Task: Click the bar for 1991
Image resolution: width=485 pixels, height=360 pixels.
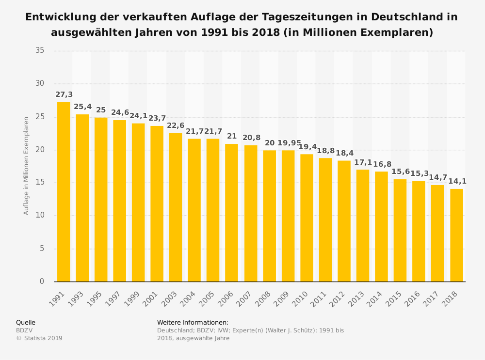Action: (x=64, y=192)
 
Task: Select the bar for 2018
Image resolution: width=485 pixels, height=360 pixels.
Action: (x=456, y=235)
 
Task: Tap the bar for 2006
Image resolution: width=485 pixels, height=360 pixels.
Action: (x=231, y=213)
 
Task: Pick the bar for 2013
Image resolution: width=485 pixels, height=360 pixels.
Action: (x=363, y=225)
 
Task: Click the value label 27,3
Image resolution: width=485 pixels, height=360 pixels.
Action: (x=64, y=95)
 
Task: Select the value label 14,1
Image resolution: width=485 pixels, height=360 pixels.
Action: (x=456, y=182)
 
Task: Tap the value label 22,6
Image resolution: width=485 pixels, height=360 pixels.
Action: (x=176, y=125)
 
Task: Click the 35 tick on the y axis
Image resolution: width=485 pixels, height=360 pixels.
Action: (x=40, y=50)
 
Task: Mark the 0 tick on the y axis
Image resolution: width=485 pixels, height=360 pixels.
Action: (x=42, y=282)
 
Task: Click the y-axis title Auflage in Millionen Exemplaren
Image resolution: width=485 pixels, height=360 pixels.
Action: (x=27, y=166)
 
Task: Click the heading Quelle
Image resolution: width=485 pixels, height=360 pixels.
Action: (x=26, y=322)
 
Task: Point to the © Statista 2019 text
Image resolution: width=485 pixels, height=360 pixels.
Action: (x=39, y=338)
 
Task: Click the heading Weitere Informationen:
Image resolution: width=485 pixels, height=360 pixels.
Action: (x=193, y=322)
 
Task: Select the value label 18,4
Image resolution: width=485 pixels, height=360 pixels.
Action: (x=344, y=153)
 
